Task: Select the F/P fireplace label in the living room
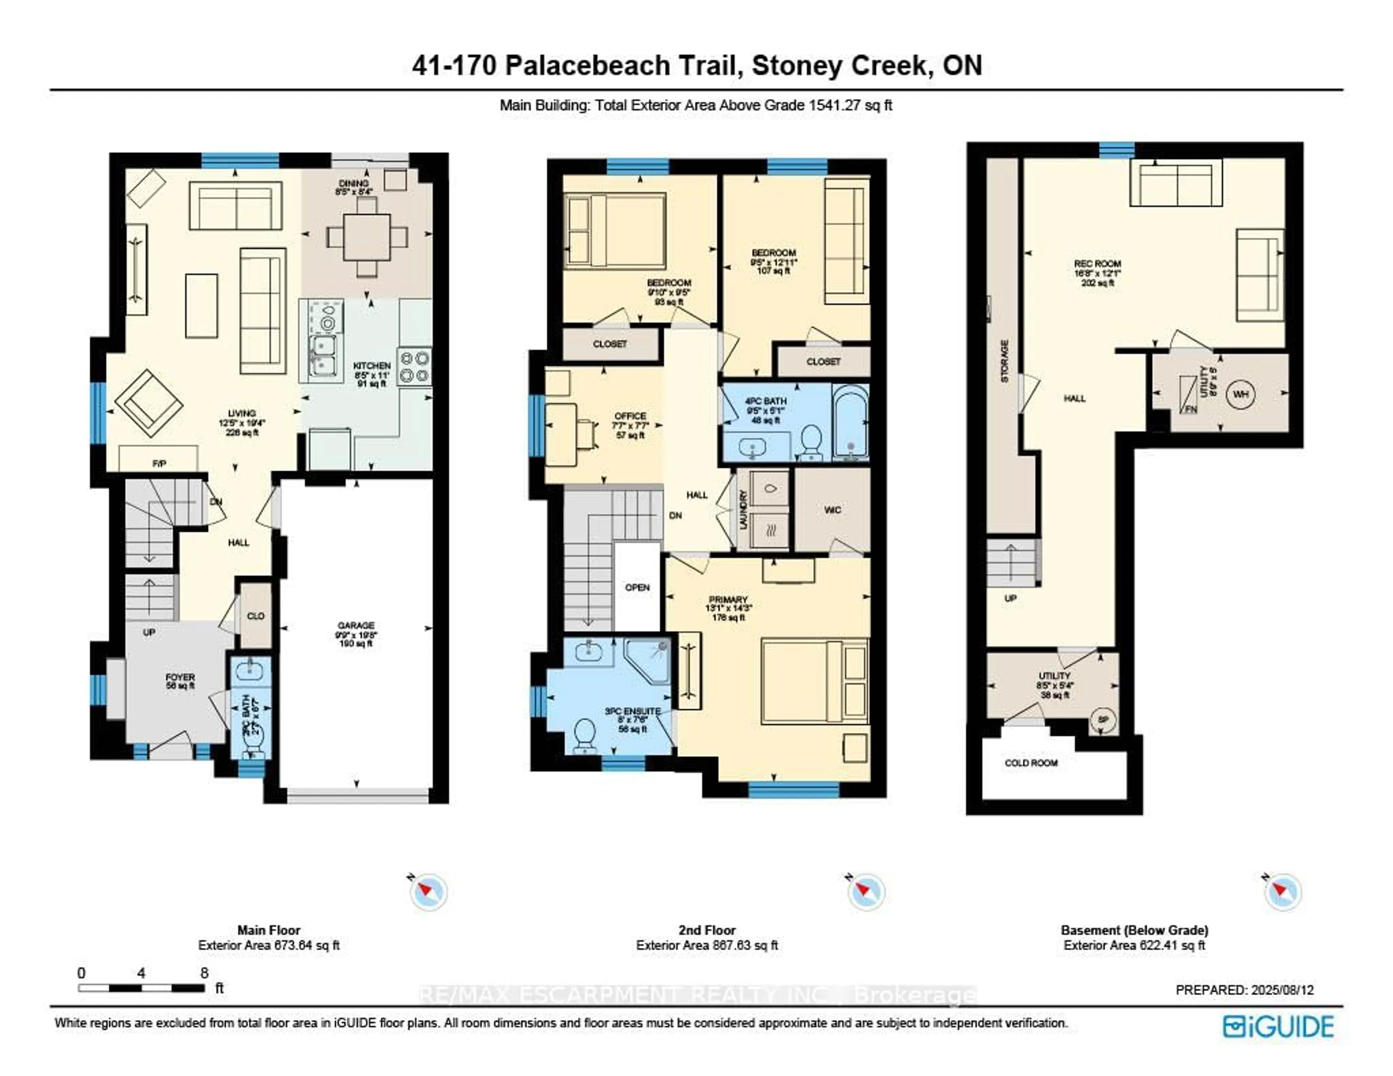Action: pyautogui.click(x=159, y=464)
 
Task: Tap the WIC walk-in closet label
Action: pyautogui.click(x=833, y=510)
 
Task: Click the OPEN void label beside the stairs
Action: pyautogui.click(x=637, y=587)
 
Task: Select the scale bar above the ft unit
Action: pyautogui.click(x=141, y=988)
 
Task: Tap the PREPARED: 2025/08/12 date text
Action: pyautogui.click(x=1244, y=990)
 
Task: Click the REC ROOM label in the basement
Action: pyautogui.click(x=1097, y=263)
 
